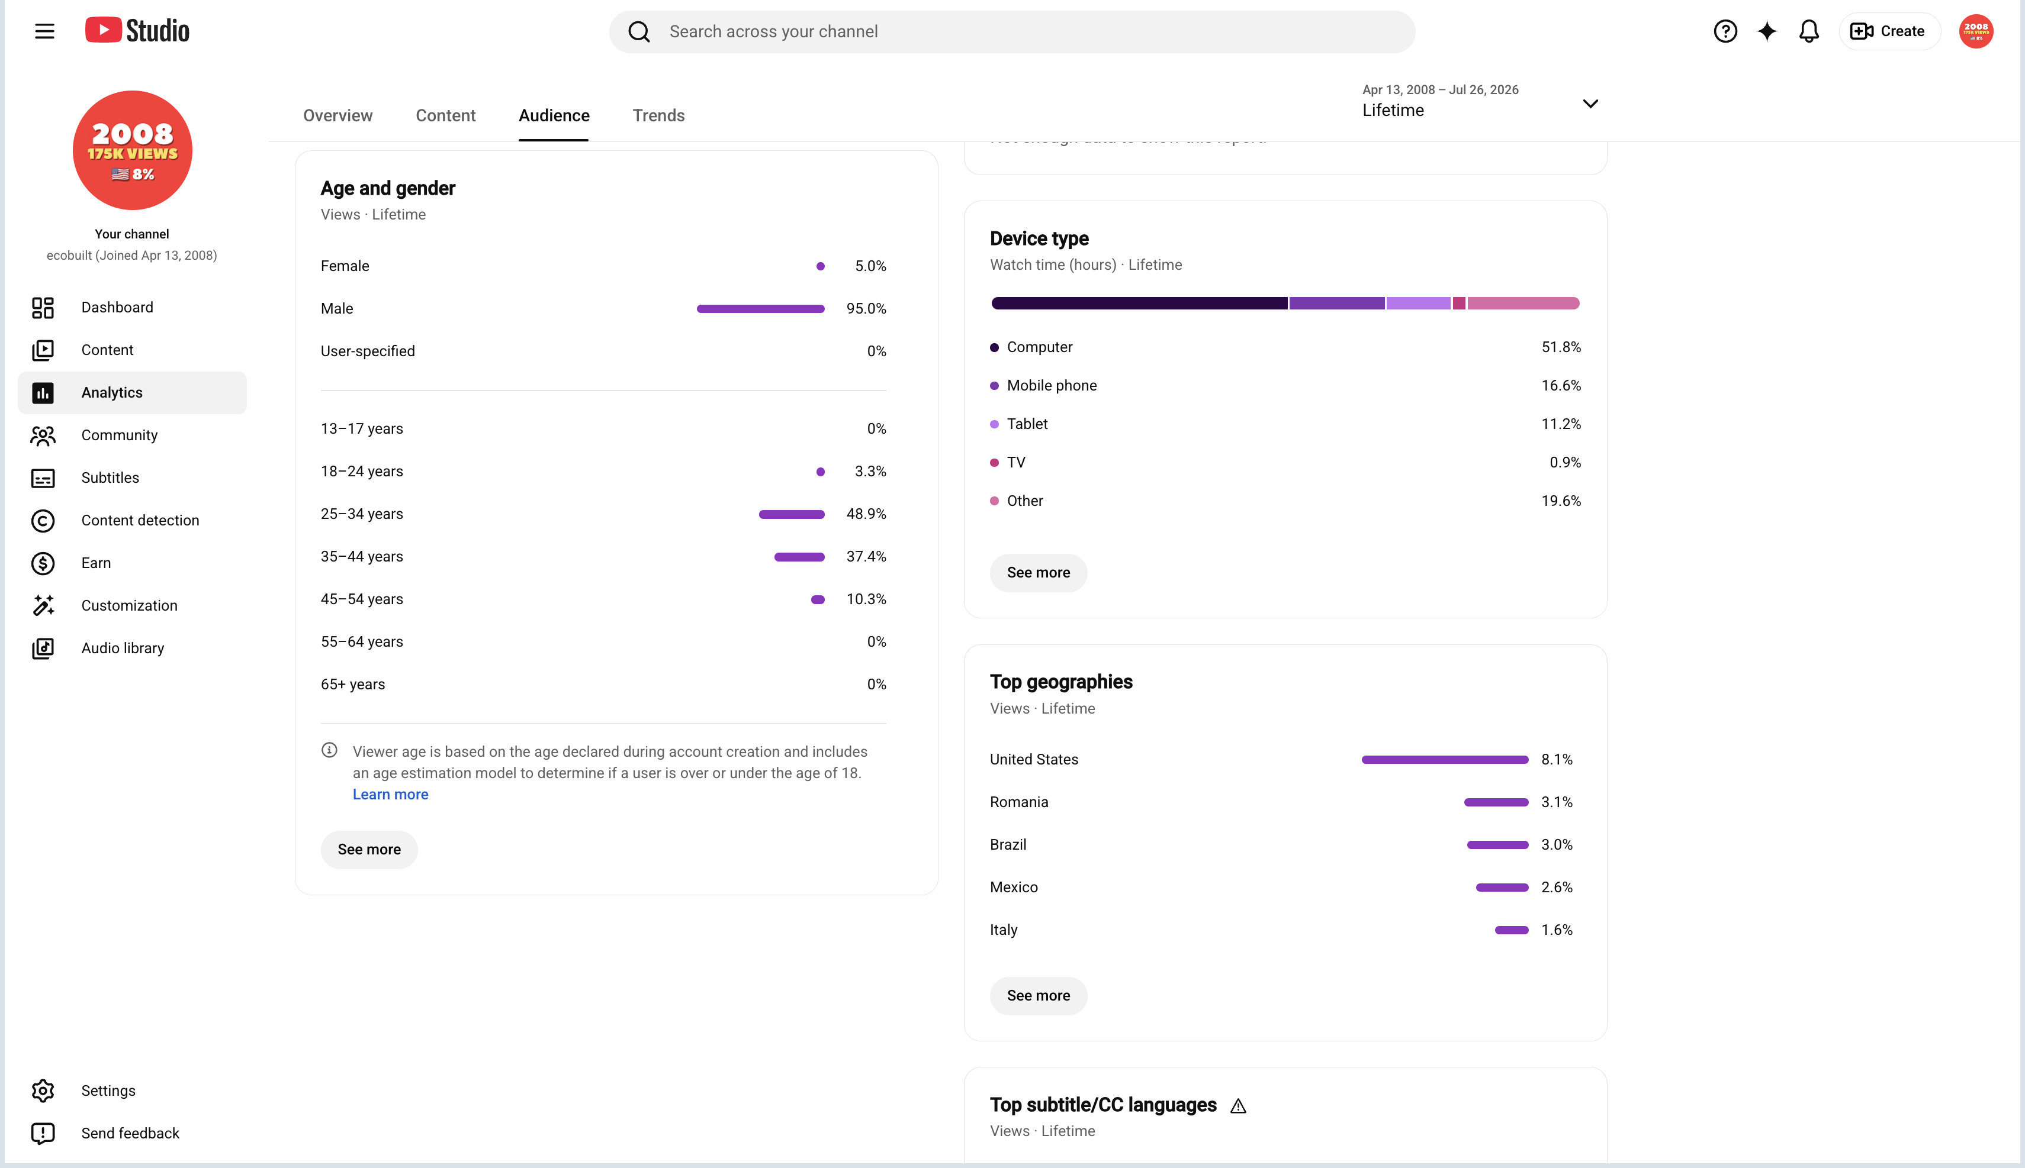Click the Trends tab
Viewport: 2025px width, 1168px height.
pos(658,115)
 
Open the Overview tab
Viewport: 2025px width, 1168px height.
pos(338,115)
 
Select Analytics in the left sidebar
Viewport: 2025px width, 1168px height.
pos(133,392)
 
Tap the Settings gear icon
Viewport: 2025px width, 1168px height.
pos(43,1090)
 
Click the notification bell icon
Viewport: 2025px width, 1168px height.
pos(1808,31)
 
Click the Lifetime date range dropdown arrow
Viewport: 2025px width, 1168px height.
pos(1590,104)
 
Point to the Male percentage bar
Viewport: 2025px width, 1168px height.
pos(760,309)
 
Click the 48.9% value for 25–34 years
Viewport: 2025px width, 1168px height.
pos(866,514)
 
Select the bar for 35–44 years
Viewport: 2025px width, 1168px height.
pos(799,557)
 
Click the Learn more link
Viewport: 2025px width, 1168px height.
pos(390,794)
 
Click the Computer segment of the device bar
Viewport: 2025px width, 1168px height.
pos(1139,303)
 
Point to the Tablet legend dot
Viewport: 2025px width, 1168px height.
pos(995,424)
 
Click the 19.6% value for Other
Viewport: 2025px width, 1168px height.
pos(1561,501)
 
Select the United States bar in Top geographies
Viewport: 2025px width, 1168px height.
pos(1445,760)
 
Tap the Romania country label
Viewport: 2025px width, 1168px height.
pos(1018,802)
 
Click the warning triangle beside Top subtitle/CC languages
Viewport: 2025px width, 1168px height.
pos(1237,1106)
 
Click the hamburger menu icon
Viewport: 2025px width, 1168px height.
pos(45,31)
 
